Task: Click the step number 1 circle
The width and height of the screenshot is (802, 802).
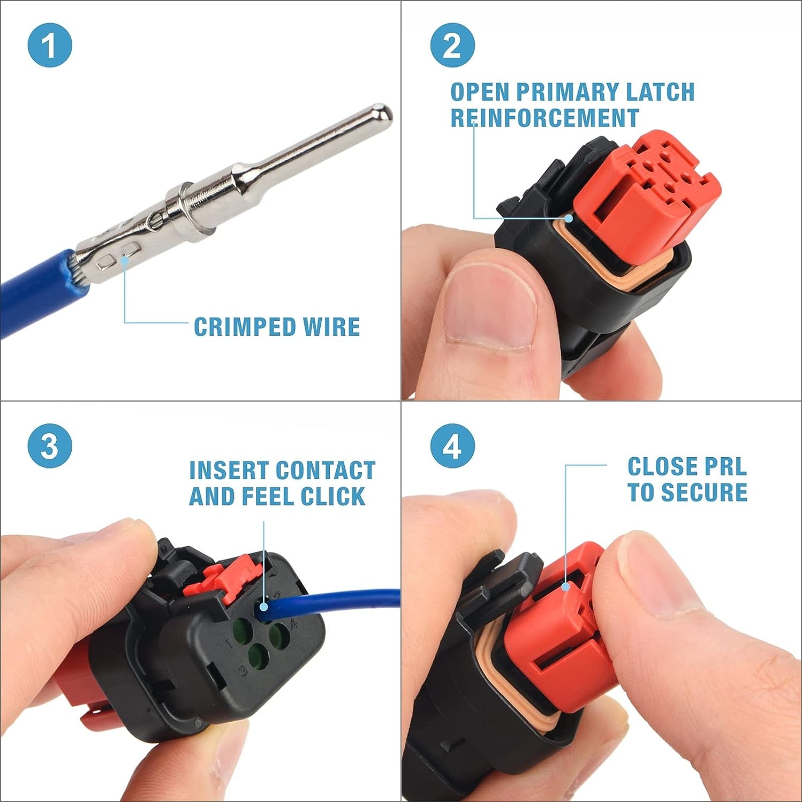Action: click(50, 45)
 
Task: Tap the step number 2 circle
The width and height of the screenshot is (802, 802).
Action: click(452, 45)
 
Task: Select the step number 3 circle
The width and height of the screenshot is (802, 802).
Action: click(50, 446)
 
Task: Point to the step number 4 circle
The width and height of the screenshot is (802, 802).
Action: click(452, 446)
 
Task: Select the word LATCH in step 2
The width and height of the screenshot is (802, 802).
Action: click(660, 92)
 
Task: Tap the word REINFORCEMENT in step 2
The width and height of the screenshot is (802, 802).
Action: click(544, 118)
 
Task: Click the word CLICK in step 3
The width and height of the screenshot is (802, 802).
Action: click(332, 496)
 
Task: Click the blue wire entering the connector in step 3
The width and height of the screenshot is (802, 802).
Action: click(343, 597)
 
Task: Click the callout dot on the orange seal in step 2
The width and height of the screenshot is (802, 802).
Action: click(569, 218)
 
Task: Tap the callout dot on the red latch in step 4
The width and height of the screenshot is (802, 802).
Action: click(566, 587)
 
